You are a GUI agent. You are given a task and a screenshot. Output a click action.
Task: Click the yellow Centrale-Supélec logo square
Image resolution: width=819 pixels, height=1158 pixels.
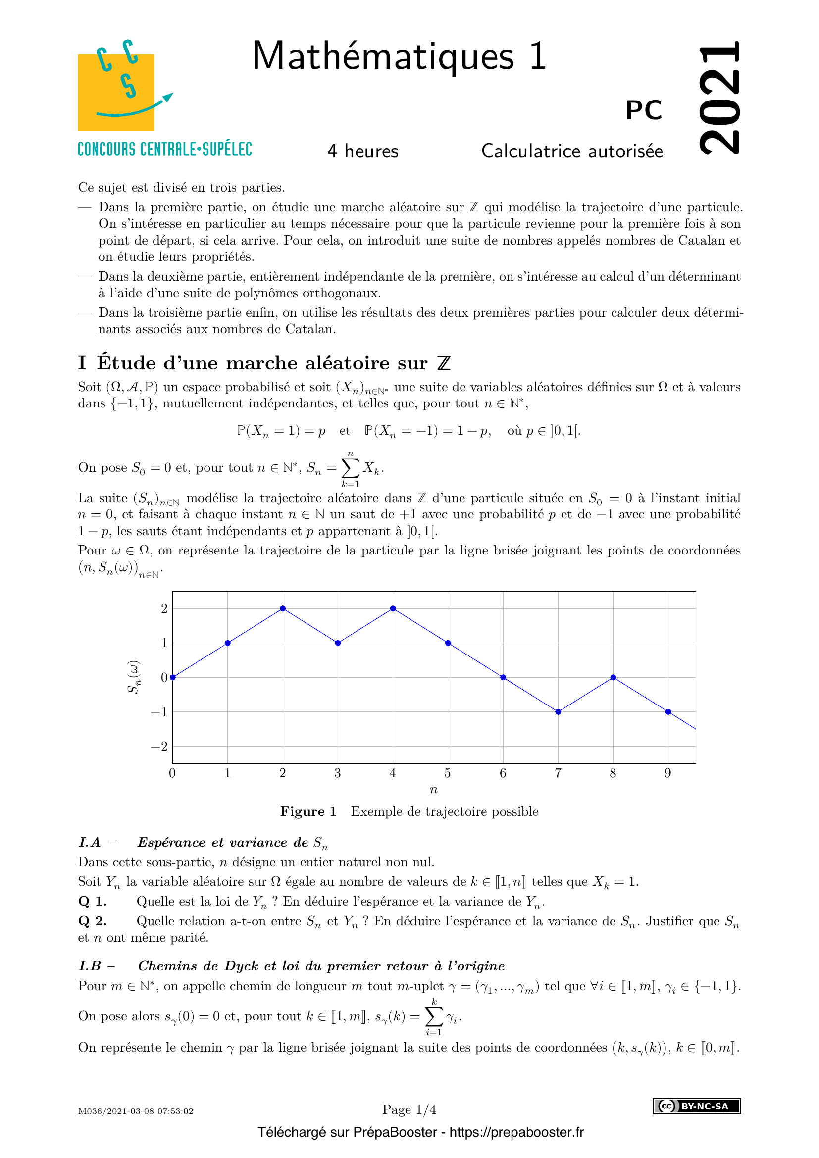116,92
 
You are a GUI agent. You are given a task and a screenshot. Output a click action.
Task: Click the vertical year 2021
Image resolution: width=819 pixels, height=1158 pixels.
719,98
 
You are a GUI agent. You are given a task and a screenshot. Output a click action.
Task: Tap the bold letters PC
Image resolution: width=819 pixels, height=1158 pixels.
644,110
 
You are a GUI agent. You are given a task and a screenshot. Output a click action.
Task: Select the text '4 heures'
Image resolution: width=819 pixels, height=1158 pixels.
362,151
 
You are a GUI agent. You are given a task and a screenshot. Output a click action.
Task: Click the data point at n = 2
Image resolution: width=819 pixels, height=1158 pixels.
283,608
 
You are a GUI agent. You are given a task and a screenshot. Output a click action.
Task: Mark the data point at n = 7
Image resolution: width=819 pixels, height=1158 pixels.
558,711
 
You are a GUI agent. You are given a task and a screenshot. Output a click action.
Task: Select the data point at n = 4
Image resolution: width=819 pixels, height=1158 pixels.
393,608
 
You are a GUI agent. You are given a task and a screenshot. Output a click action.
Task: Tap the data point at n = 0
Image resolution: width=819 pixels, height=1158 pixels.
173,677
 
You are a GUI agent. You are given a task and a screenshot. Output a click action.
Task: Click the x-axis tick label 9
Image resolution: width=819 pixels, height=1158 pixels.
667,773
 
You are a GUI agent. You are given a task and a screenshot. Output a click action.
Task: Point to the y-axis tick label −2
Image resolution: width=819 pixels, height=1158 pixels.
159,747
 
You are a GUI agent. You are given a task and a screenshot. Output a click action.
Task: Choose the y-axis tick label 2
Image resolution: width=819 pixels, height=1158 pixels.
164,609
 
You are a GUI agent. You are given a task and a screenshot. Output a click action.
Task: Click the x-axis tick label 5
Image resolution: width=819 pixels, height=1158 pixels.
447,773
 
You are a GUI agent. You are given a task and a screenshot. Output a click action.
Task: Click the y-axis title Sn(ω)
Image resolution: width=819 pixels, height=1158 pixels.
134,677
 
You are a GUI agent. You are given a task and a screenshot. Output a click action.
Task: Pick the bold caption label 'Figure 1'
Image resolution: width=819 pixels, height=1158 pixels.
308,811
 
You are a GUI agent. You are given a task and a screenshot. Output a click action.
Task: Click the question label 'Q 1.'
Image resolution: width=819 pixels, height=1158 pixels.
92,901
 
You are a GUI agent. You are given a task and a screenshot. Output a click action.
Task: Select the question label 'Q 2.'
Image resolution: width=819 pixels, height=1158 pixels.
92,921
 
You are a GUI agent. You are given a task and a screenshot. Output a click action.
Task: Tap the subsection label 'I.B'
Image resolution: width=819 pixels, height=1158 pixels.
90,966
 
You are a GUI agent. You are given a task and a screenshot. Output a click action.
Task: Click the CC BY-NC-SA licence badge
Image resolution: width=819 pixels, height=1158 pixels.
697,1106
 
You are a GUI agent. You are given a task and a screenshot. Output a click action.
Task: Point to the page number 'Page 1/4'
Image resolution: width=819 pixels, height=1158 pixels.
409,1109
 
